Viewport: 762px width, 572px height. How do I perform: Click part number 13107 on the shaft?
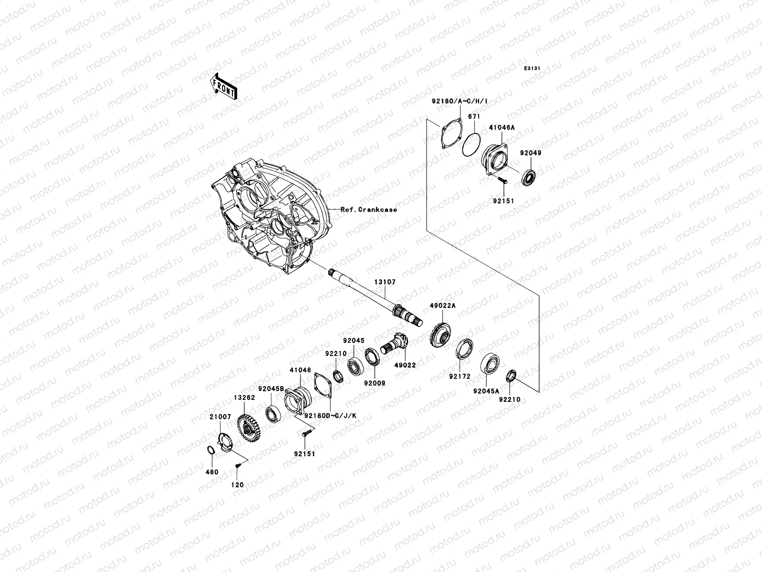coord(384,282)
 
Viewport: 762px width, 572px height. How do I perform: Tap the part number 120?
coord(237,485)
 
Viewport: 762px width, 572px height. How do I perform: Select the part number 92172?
coord(459,377)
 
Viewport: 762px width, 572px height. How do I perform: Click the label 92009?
coord(374,383)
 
